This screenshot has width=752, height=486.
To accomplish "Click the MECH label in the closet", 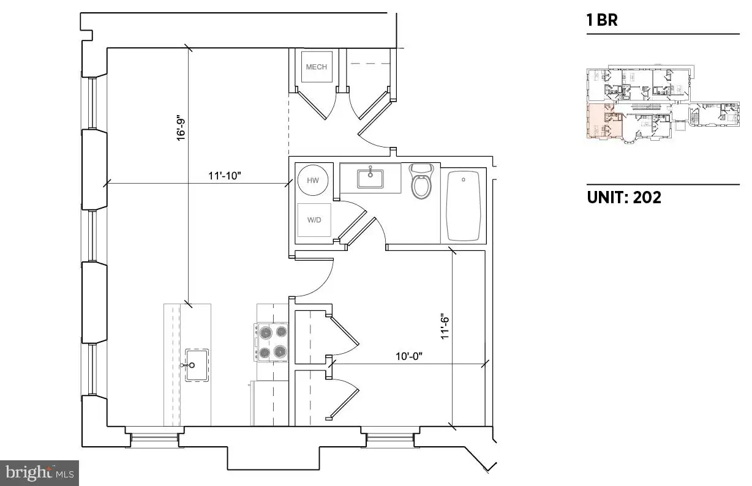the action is click(316, 67).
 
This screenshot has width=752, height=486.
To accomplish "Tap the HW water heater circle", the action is click(313, 180).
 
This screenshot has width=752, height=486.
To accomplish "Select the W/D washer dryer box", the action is click(314, 220).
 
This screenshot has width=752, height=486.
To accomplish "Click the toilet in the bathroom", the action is click(421, 181).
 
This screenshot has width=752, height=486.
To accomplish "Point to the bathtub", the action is click(464, 206).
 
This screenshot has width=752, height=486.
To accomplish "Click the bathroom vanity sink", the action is click(370, 178).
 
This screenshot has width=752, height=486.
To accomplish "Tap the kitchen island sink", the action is click(197, 365).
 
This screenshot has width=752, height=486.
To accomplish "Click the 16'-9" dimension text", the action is click(181, 130).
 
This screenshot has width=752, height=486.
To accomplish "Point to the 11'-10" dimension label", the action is click(225, 176).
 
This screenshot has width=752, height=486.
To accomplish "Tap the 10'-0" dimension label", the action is click(408, 356).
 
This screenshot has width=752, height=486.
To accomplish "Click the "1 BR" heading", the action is click(602, 20).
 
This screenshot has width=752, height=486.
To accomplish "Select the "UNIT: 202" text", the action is click(624, 197).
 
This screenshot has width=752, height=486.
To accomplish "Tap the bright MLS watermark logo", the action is click(40, 473).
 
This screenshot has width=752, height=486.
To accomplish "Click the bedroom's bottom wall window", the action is click(390, 437).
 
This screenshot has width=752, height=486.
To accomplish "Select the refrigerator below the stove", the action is click(269, 403).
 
